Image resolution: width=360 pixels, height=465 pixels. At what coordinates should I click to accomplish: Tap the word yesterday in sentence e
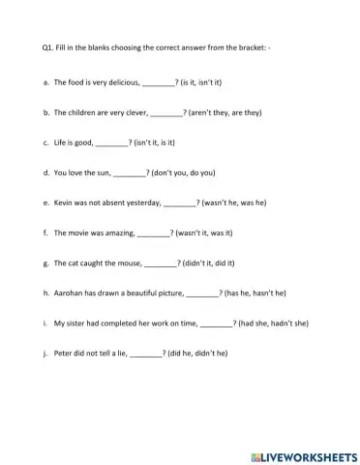(144, 202)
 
